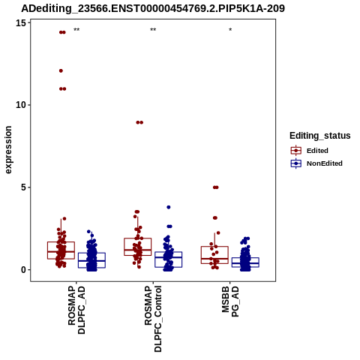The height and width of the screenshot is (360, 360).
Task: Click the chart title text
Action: click(x=153, y=8)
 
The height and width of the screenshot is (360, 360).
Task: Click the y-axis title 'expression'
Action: click(x=8, y=150)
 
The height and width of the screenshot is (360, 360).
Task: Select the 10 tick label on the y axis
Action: click(x=21, y=105)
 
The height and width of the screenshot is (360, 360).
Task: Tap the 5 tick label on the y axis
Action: click(x=24, y=187)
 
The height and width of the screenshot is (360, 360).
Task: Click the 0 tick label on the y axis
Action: click(x=24, y=270)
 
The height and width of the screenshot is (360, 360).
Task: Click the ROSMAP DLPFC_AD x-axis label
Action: click(x=76, y=310)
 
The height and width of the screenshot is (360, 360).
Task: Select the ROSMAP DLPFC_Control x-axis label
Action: click(x=153, y=319)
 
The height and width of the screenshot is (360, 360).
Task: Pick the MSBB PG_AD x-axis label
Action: click(x=230, y=301)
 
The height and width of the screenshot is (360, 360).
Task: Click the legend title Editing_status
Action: click(x=320, y=136)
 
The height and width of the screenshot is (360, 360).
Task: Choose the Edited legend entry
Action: click(x=317, y=151)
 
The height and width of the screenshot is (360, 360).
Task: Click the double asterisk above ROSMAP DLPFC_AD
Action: click(x=76, y=30)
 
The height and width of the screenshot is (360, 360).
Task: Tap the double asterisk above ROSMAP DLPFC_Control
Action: click(x=153, y=30)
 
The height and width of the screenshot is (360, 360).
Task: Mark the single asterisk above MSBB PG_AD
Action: click(x=230, y=30)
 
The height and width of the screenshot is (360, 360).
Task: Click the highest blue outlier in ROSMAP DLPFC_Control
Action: click(x=169, y=207)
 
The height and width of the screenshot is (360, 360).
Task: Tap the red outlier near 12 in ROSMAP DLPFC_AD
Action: click(x=61, y=70)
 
